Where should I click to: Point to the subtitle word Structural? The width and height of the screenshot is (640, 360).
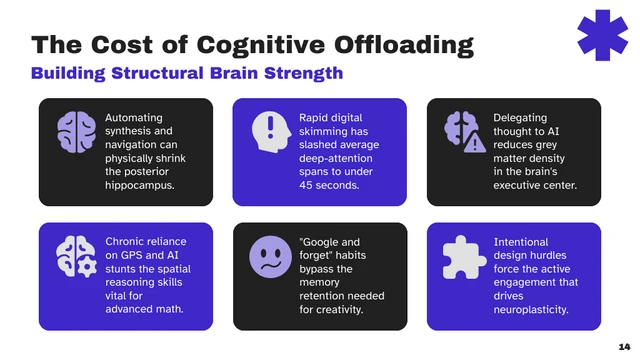tap(175, 73)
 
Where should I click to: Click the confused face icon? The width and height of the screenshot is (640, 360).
tap(269, 256)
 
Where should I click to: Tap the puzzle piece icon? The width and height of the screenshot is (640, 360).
tap(463, 256)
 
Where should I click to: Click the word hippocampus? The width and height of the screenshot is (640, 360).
tap(141, 185)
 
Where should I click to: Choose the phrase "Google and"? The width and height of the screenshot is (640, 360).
tap(330, 242)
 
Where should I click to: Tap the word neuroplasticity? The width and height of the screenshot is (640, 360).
tap(531, 310)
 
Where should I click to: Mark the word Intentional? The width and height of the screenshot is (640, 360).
tap(521, 242)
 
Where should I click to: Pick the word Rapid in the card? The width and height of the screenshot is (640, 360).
tap(315, 118)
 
